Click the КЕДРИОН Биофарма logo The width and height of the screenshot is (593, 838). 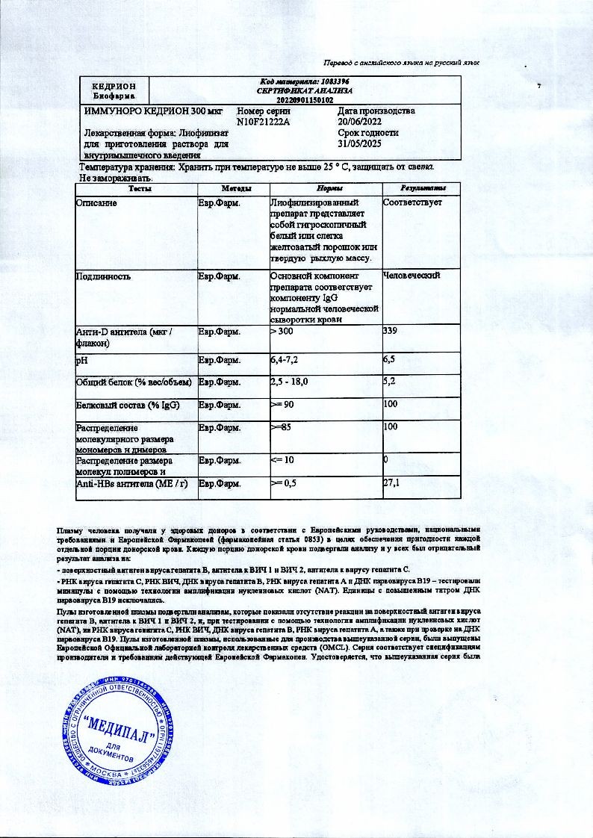click(114, 91)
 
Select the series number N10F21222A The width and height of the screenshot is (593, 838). click(263, 120)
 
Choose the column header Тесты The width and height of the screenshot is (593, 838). click(135, 189)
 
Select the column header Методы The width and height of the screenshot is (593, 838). click(232, 189)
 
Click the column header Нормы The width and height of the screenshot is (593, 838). click(324, 189)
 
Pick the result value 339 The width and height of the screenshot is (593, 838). click(389, 331)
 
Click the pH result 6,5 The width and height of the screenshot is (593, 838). click(388, 360)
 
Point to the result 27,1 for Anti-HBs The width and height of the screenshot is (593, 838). click(391, 484)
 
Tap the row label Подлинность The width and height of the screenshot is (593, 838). click(104, 276)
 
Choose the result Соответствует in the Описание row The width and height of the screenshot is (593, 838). click(412, 203)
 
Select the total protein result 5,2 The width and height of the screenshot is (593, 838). click(388, 382)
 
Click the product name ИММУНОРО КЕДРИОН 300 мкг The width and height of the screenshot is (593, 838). click(153, 111)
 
